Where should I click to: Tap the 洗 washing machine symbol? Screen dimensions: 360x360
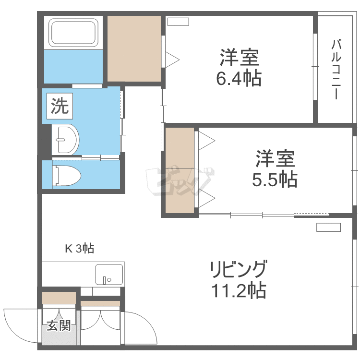click(60, 105)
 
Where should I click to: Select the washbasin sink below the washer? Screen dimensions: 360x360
click(64, 140)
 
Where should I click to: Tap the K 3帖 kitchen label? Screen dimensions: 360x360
click(79, 248)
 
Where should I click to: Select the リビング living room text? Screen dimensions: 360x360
click(237, 270)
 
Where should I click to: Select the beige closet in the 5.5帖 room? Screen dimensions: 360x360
click(180, 170)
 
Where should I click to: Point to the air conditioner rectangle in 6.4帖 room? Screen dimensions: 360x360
click(178, 21)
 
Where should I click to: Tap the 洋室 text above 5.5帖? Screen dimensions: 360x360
click(275, 159)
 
